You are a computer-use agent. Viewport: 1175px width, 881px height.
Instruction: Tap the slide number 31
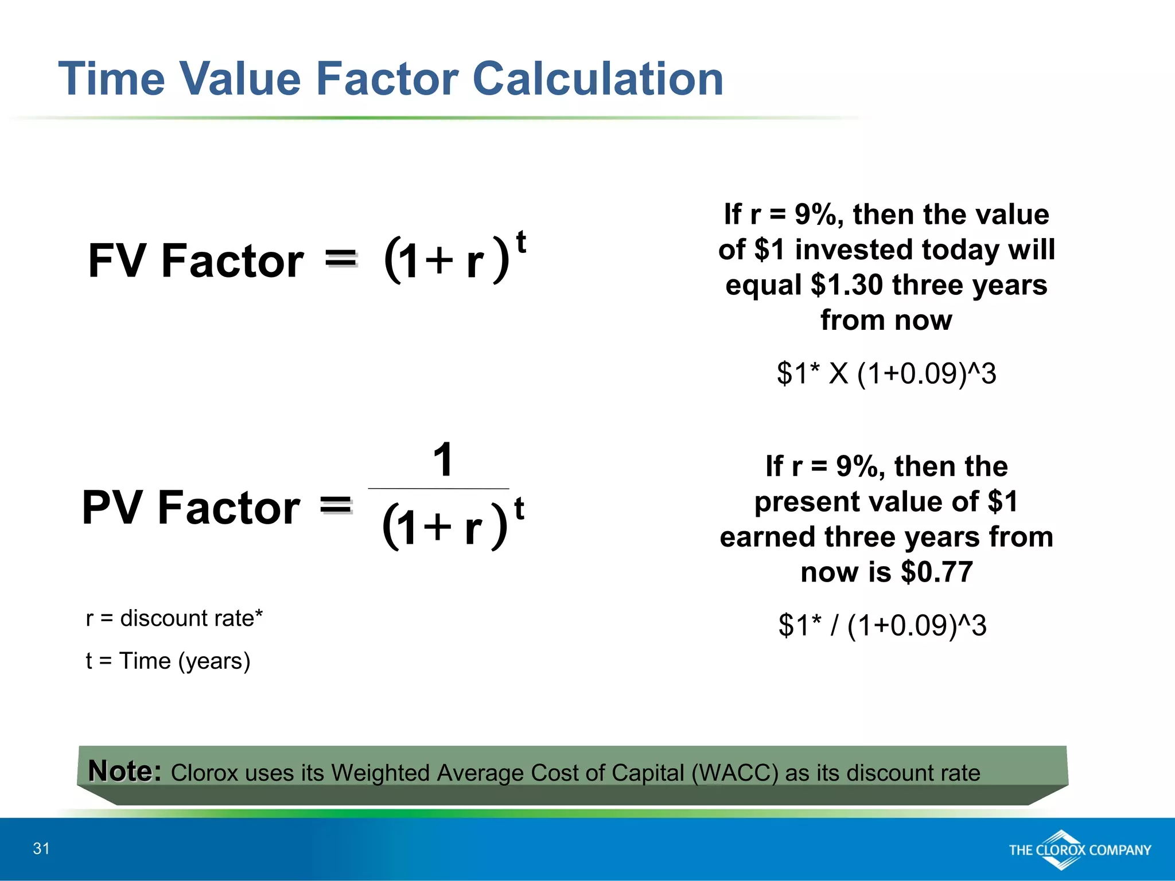pyautogui.click(x=41, y=848)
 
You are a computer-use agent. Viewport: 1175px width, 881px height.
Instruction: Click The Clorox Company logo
pyautogui.click(x=1079, y=849)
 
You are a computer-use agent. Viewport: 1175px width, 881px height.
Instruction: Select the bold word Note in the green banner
pyautogui.click(x=124, y=771)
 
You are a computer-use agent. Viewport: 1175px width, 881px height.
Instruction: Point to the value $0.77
pyautogui.click(x=937, y=572)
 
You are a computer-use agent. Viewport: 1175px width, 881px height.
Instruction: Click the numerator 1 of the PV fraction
pyautogui.click(x=443, y=459)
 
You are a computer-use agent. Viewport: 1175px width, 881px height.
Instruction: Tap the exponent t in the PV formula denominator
pyautogui.click(x=519, y=508)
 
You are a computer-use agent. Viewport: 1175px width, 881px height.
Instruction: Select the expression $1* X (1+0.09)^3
pyautogui.click(x=886, y=373)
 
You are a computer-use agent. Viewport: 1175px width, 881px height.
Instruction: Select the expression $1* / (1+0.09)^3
pyautogui.click(x=882, y=625)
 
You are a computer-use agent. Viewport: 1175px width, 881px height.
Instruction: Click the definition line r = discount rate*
pyautogui.click(x=174, y=618)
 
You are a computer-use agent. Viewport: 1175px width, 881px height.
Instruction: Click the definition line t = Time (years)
pyautogui.click(x=168, y=661)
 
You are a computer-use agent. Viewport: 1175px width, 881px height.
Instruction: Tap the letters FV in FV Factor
pyautogui.click(x=118, y=261)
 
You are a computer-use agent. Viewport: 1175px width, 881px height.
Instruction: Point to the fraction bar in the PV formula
pyautogui.click(x=438, y=489)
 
